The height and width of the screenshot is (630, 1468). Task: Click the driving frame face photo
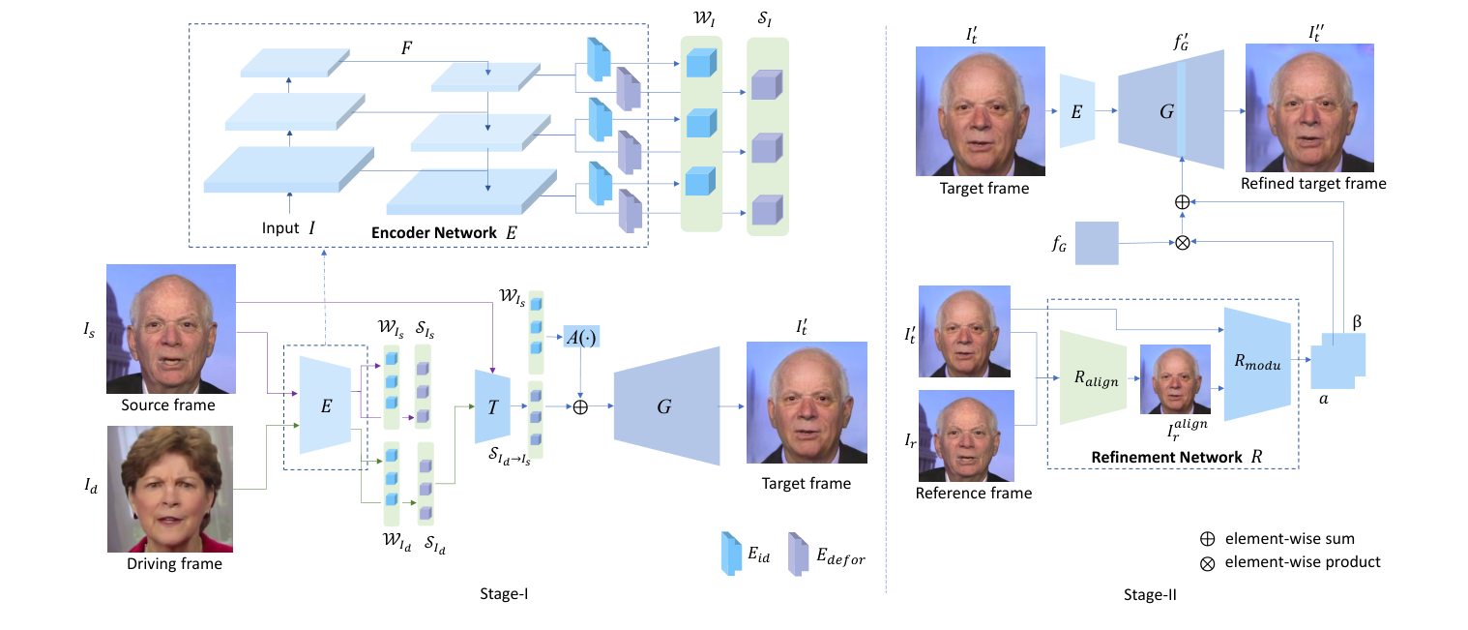[x=170, y=489]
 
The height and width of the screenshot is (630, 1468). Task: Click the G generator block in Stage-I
[x=665, y=407]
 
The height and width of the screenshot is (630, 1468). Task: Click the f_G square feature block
[x=1097, y=243]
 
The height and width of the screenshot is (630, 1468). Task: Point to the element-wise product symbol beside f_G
[x=1181, y=242]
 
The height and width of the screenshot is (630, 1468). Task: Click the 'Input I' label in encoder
[x=288, y=228]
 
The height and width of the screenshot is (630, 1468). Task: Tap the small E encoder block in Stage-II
[x=1076, y=112]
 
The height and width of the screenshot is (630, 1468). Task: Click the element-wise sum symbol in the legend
[x=1208, y=539]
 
